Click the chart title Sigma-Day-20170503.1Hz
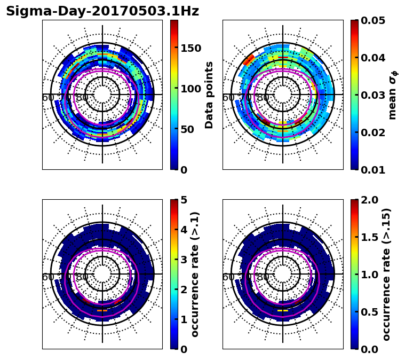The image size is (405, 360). pyautogui.click(x=102, y=11)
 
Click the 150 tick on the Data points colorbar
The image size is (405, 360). pyautogui.click(x=190, y=48)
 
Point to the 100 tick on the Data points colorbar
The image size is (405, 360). pyautogui.click(x=190, y=89)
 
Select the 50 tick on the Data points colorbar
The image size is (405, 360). pyautogui.click(x=190, y=129)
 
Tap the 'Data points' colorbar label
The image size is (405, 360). pyautogui.click(x=209, y=95)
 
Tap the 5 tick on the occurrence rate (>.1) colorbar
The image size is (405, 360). pyautogui.click(x=183, y=200)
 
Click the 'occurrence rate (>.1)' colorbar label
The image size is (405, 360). pyautogui.click(x=195, y=274)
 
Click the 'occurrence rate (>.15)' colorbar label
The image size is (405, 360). pyautogui.click(x=386, y=274)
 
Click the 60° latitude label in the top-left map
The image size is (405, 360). pyautogui.click(x=48, y=98)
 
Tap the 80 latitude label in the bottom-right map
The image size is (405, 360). pyautogui.click(x=263, y=277)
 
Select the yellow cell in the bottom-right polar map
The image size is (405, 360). pyautogui.click(x=283, y=310)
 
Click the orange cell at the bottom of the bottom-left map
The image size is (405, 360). pyautogui.click(x=102, y=310)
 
